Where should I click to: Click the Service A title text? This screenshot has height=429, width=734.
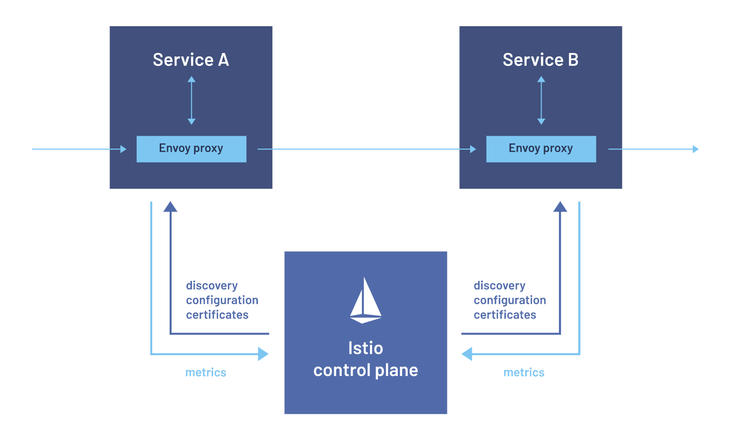coord(191,60)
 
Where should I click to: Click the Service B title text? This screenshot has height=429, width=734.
coord(541,60)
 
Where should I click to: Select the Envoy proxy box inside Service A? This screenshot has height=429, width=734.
coord(191,149)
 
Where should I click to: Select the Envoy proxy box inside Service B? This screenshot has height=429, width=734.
coord(541,149)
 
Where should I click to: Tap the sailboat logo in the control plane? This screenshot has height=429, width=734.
coord(366,300)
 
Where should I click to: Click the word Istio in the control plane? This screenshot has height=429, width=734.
coord(366,348)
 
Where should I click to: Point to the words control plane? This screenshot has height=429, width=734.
coord(366,370)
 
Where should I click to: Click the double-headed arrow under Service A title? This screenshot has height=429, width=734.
coord(191,100)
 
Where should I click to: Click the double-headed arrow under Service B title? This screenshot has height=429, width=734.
coord(541,100)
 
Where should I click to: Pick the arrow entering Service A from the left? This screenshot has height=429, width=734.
coord(79,149)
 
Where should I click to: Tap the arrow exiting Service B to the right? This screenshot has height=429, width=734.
coord(653,149)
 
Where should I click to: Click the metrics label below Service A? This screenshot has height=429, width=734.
coord(206,373)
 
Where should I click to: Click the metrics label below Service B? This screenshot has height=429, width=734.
coord(524,373)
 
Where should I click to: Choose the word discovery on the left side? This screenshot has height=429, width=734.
coord(212,286)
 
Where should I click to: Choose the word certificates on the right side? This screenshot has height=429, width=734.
coord(505,315)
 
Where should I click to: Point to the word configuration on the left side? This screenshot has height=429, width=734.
coord(222,300)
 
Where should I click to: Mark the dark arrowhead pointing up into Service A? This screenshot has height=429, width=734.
coord(171,207)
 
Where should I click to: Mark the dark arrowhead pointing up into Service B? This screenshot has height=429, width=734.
coord(560,207)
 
